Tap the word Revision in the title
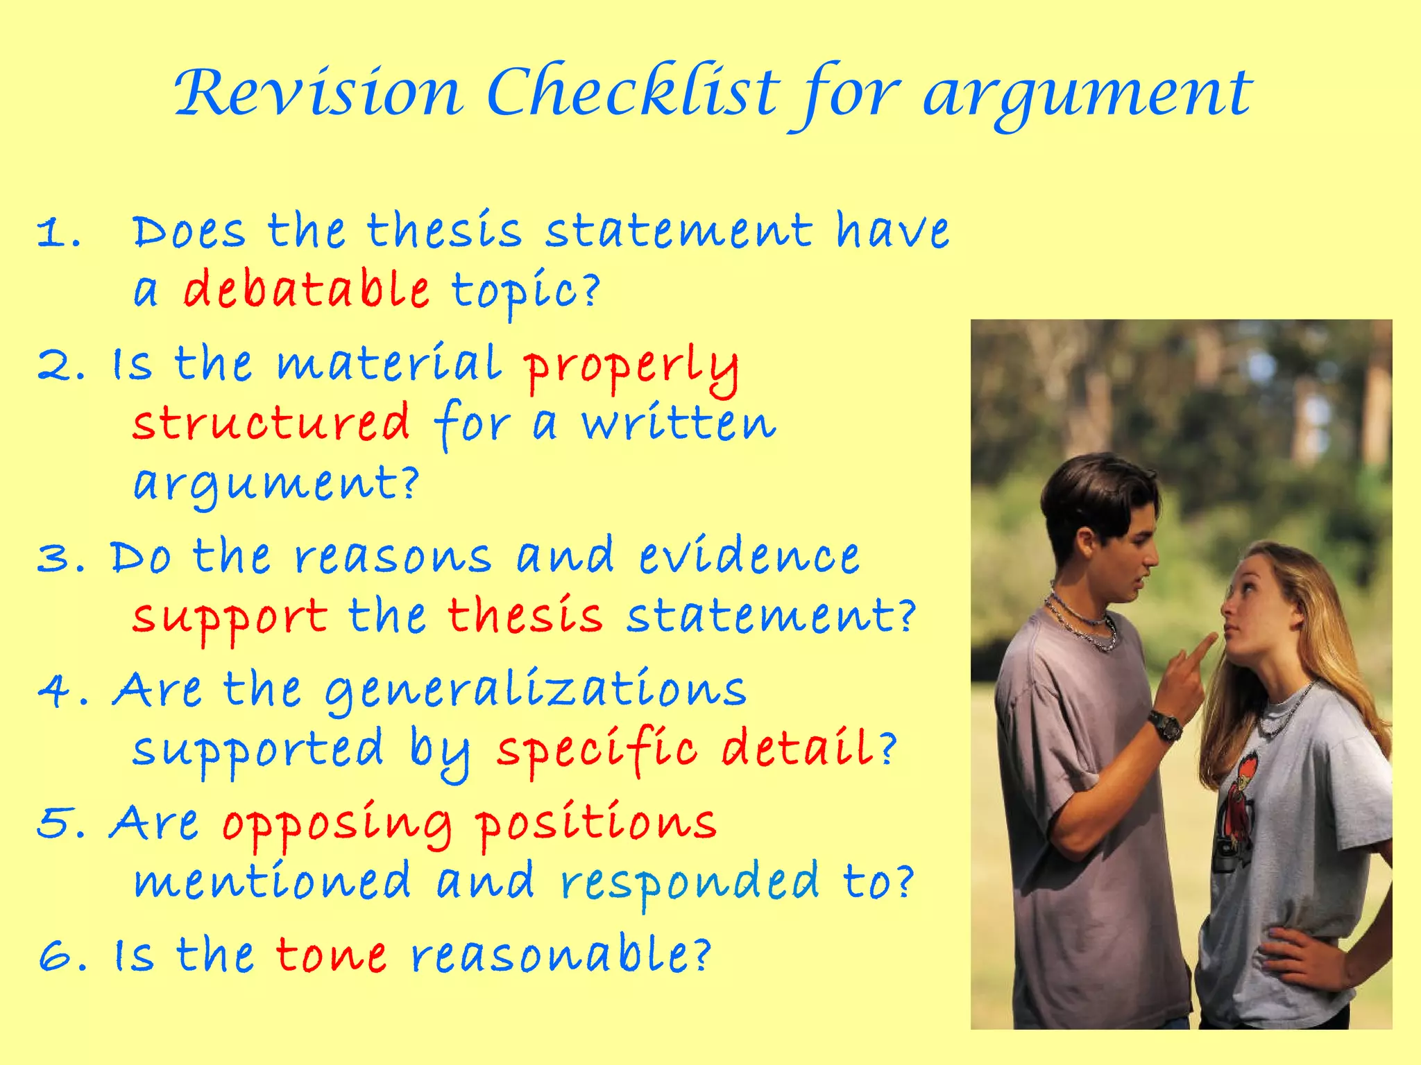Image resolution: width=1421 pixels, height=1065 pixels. click(318, 92)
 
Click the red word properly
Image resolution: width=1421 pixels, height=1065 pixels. click(631, 367)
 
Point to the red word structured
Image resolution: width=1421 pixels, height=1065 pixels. click(271, 423)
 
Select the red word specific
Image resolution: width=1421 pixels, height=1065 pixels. click(597, 750)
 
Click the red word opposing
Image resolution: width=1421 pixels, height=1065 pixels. click(337, 824)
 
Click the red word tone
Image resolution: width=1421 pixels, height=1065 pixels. click(331, 955)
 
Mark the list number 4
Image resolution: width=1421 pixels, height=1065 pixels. click(56, 691)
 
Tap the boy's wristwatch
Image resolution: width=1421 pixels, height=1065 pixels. click(1166, 725)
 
